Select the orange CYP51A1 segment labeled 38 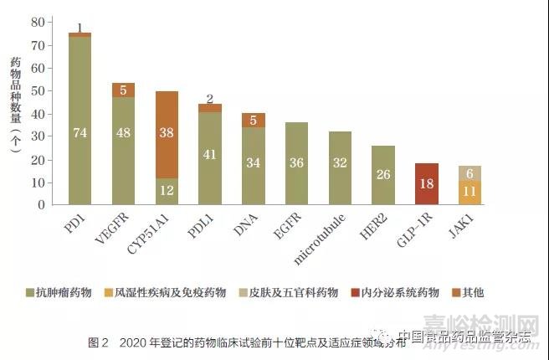click(167, 134)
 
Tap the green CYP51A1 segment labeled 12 click(167, 191)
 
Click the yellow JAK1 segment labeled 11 click(469, 192)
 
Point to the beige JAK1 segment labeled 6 click(469, 172)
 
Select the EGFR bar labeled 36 click(296, 163)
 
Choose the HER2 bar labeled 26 click(383, 175)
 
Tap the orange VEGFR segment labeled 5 click(123, 90)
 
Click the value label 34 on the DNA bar click(253, 163)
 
